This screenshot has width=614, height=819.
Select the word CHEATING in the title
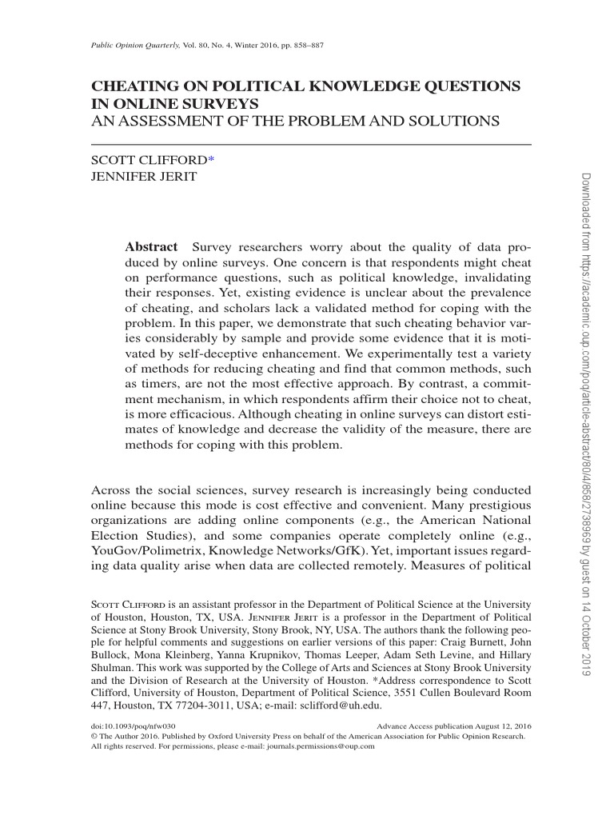[134, 86]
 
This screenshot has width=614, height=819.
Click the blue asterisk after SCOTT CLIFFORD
[211, 160]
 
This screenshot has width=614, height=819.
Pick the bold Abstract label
[151, 246]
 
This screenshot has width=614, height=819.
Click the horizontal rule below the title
[312, 144]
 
